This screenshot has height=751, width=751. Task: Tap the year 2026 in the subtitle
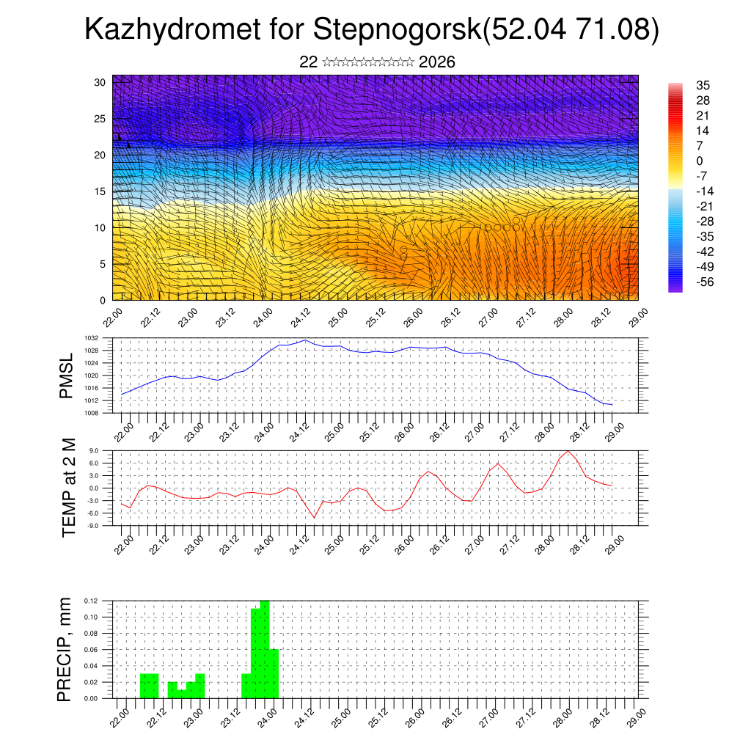[437, 62]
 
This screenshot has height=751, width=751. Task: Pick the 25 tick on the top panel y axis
[100, 118]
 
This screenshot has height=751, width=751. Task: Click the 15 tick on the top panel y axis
[100, 191]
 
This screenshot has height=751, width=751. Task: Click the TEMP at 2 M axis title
[68, 488]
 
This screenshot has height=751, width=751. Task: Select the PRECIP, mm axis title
[66, 649]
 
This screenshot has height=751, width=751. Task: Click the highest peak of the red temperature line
[568, 450]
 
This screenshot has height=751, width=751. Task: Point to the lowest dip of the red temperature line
[315, 518]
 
